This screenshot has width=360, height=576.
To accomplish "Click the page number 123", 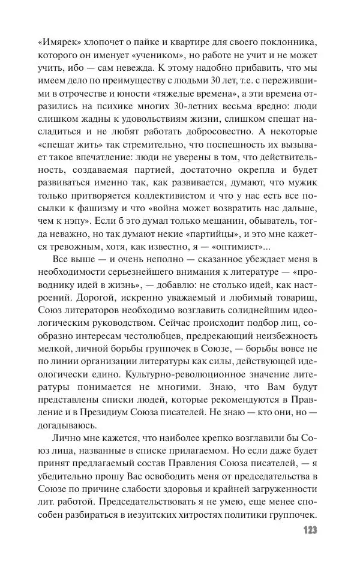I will point(306,531).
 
